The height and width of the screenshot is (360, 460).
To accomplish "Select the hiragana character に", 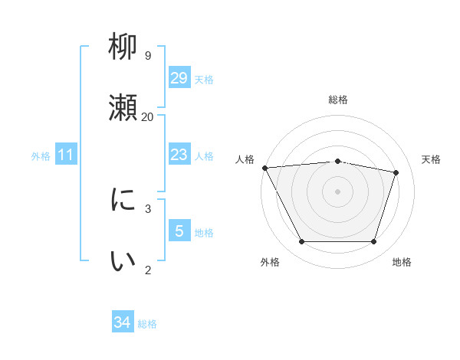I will (123, 200).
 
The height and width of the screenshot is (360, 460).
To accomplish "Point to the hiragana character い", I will (123, 261).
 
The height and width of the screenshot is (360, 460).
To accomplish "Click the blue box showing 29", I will (179, 77).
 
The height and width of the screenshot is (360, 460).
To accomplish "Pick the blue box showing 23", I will (179, 155).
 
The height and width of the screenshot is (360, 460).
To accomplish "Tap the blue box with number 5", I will (179, 231).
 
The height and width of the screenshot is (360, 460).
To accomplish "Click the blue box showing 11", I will (66, 155).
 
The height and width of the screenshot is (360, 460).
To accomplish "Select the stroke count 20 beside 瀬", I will (147, 116).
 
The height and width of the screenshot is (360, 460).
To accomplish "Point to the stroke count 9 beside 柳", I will (147, 56).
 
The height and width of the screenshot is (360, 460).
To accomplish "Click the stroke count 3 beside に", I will (147, 208).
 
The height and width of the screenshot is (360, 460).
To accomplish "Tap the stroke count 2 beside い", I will (147, 270).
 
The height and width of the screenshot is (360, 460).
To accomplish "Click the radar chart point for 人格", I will (264, 168).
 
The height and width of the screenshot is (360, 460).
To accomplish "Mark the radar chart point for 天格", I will (396, 172).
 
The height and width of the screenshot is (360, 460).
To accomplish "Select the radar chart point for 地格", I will (373, 242).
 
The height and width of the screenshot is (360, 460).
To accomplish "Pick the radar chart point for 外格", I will (301, 242).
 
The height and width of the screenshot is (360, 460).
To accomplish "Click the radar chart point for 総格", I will (337, 161).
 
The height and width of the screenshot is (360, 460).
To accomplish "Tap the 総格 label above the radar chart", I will (337, 100).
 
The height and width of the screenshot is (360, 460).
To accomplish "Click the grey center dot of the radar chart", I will (337, 191).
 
